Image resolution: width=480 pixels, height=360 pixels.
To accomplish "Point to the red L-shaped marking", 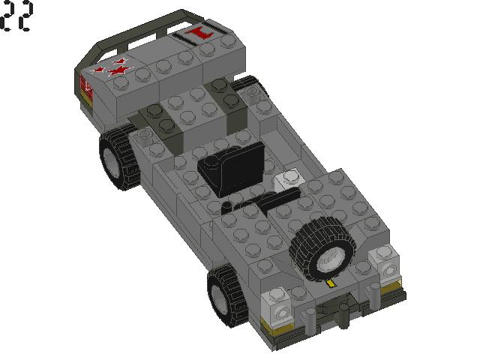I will (199, 34).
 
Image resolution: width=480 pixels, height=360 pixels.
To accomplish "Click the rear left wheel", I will (120, 158).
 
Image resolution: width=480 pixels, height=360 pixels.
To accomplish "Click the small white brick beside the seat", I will (289, 179).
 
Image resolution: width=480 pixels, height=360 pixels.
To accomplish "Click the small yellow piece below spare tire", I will (331, 283).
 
